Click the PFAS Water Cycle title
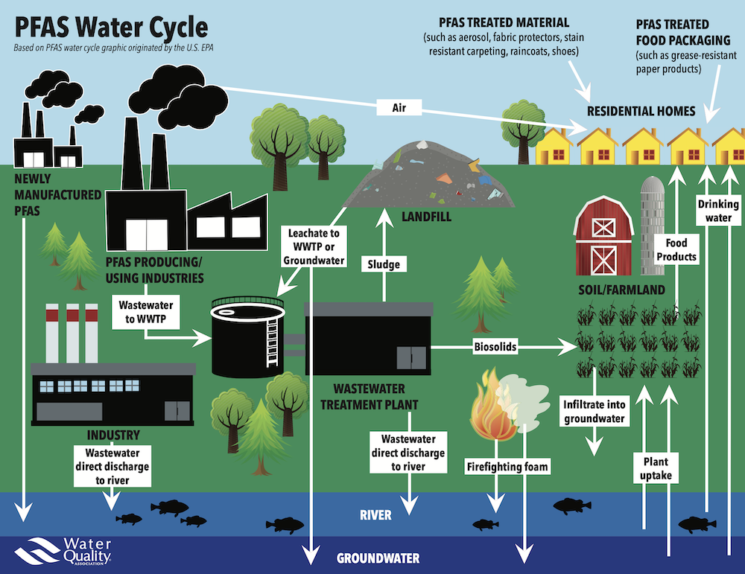[x=110, y=28]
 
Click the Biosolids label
[x=495, y=346]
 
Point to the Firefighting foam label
[x=507, y=467]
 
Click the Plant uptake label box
[x=656, y=468]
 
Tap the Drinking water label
[x=718, y=211]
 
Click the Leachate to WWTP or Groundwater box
[x=314, y=246]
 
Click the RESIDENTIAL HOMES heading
[x=641, y=112]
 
